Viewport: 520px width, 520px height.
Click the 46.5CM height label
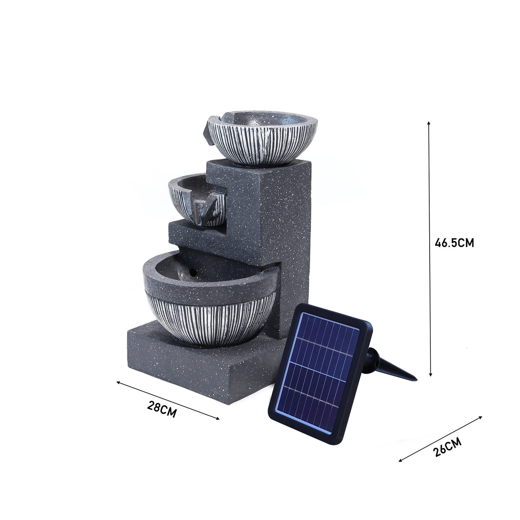coord(454,243)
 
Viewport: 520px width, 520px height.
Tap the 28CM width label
coord(162,409)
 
